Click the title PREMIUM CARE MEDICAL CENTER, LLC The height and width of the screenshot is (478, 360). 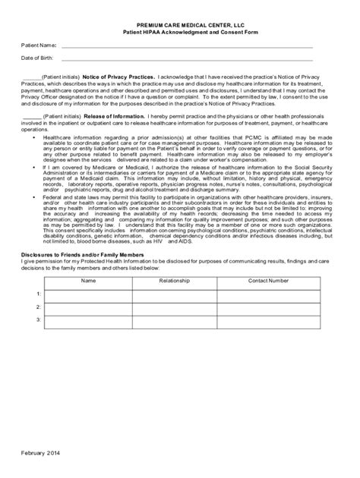[x=179, y=25]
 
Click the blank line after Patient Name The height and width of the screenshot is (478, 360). [x=186, y=47]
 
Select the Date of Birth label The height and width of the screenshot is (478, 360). [x=36, y=58]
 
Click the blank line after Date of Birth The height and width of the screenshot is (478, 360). [x=186, y=59]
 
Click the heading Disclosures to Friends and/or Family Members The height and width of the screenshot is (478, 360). [x=82, y=254]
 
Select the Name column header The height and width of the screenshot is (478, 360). [x=89, y=280]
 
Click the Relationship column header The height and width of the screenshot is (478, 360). [x=175, y=280]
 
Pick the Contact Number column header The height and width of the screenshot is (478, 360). [x=268, y=280]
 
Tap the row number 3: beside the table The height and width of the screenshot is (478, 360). [x=38, y=319]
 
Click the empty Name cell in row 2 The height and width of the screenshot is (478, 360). [x=89, y=307]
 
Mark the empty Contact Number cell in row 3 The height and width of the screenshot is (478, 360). [x=268, y=319]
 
